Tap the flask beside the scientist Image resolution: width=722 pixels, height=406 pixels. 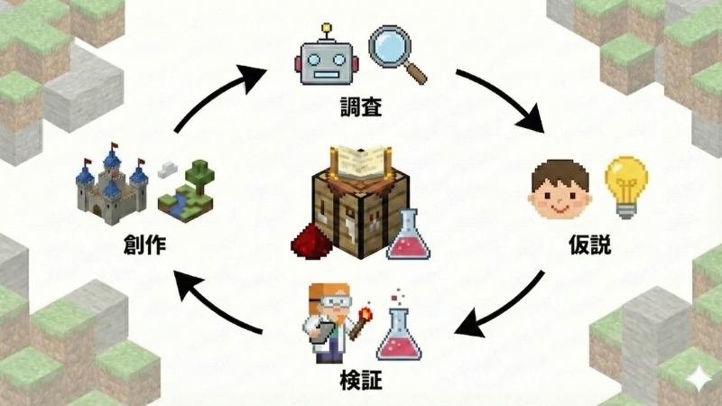399,332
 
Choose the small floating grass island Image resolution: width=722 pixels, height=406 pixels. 188,189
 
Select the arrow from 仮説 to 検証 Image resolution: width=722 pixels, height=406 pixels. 505,307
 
